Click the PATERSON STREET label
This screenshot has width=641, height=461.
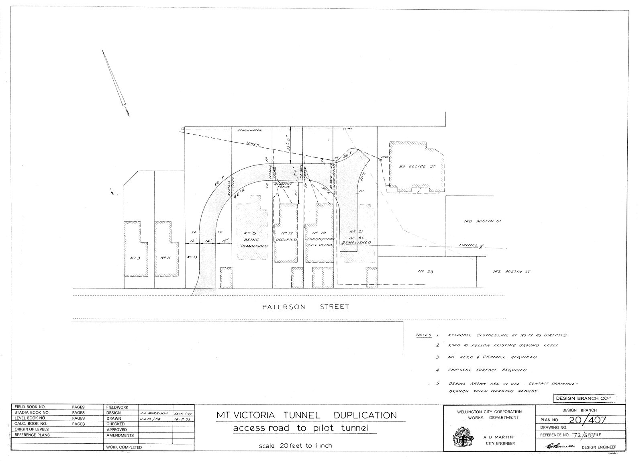(x=305, y=307)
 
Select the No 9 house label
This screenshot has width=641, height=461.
(x=134, y=258)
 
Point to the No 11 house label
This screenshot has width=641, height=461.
(x=165, y=258)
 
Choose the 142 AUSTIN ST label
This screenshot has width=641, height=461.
(x=511, y=272)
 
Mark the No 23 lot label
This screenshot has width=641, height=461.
(x=426, y=272)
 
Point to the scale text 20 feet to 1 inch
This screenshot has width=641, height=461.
(x=295, y=446)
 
